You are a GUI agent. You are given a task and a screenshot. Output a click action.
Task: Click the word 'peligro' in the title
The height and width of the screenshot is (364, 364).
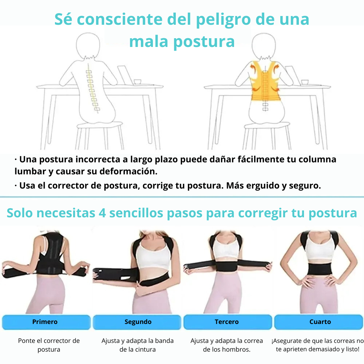pyautogui.click(x=223, y=20)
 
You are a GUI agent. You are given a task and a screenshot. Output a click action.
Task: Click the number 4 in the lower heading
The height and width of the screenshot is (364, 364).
pyautogui.click(x=102, y=213)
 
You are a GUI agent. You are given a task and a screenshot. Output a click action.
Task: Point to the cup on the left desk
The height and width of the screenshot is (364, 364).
pyautogui.click(x=138, y=82)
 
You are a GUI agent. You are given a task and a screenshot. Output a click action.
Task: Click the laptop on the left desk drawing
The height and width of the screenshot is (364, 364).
pyautogui.click(x=125, y=75)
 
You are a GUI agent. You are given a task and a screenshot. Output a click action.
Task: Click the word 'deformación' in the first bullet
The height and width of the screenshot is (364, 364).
pyautogui.click(x=128, y=171)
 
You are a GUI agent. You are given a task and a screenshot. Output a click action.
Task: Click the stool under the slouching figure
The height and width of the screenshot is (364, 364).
pyautogui.click(x=100, y=136)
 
